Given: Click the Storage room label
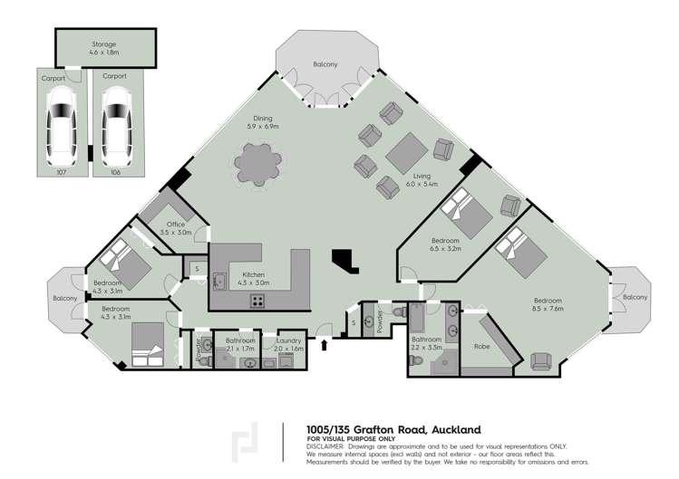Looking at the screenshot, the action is [x=104, y=44].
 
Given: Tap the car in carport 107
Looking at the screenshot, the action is [x=62, y=126].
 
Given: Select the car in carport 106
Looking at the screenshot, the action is [x=116, y=127].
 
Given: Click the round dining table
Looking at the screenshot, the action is [x=257, y=165].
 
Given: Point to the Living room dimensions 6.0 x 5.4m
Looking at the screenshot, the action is [x=422, y=184].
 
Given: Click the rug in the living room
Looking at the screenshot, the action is [x=407, y=153].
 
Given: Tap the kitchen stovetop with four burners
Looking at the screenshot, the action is [x=258, y=301].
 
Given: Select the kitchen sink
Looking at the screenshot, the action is [x=218, y=282].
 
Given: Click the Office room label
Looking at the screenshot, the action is [x=176, y=225].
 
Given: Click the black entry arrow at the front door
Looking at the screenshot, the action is [x=324, y=345].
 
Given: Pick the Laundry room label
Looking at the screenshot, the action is [x=288, y=341].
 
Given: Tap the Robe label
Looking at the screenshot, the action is [x=482, y=346].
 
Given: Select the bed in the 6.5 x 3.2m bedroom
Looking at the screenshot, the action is [x=466, y=214].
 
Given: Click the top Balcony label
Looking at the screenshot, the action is [x=325, y=64].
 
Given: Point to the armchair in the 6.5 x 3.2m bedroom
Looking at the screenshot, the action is [x=510, y=206].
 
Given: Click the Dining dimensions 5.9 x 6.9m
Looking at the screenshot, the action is [x=263, y=127].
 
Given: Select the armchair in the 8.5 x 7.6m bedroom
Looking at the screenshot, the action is [x=541, y=361].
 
